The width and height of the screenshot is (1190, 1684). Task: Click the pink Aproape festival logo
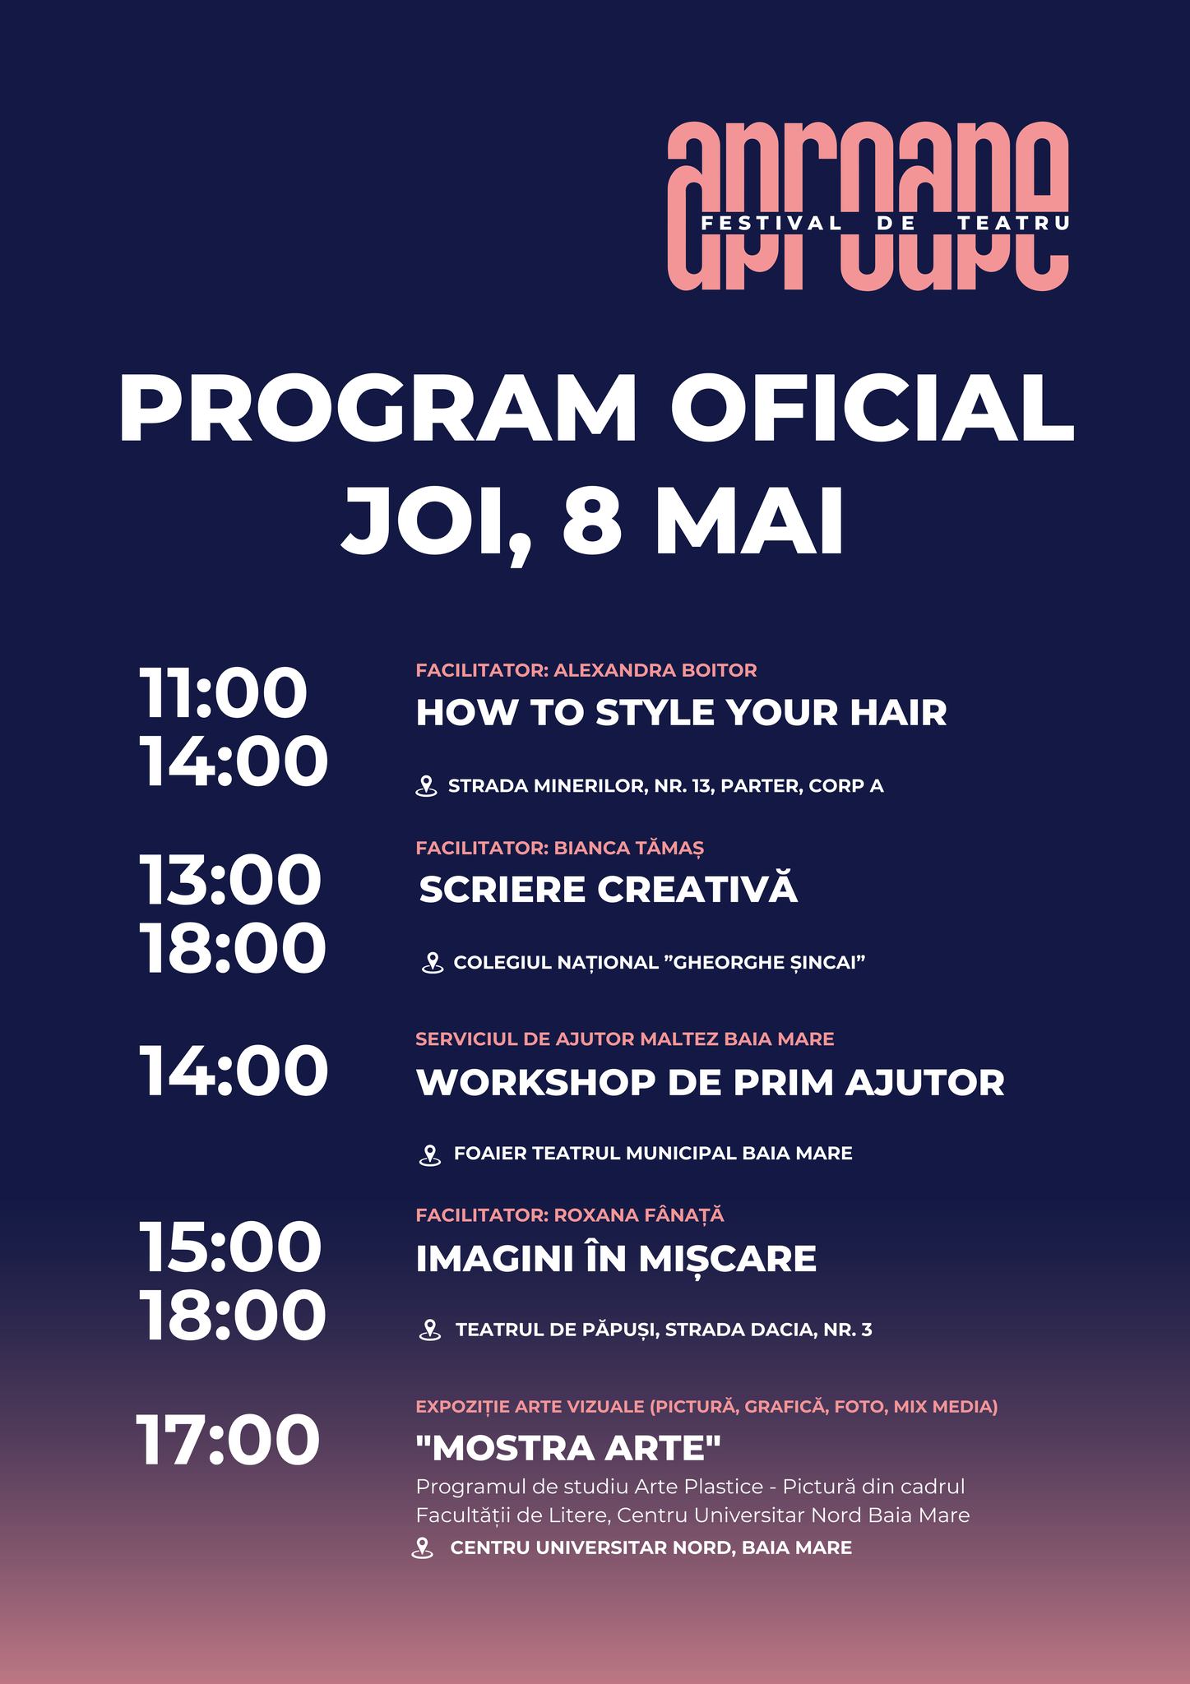click(867, 206)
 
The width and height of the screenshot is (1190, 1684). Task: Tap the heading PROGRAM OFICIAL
click(596, 409)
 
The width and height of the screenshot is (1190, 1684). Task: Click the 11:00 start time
click(223, 692)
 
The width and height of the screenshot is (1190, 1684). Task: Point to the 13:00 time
click(229, 880)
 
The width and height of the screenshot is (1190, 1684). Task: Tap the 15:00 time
click(229, 1247)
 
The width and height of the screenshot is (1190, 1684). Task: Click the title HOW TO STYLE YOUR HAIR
click(681, 712)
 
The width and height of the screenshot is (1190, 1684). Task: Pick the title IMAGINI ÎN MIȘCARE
click(616, 1257)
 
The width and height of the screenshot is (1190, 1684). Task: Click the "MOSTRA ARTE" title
click(568, 1448)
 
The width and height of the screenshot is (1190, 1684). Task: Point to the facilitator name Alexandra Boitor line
click(586, 670)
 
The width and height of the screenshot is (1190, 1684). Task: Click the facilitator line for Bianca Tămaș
click(560, 848)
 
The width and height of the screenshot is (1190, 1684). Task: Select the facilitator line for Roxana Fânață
click(570, 1214)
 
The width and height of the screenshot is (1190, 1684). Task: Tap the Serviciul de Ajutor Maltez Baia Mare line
click(625, 1039)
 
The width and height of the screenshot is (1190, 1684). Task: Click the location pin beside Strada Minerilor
click(426, 786)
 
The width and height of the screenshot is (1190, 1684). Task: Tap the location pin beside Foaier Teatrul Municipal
click(430, 1154)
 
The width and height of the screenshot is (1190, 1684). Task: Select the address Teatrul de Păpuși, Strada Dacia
click(664, 1330)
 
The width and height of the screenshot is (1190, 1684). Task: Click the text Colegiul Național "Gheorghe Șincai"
click(660, 962)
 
